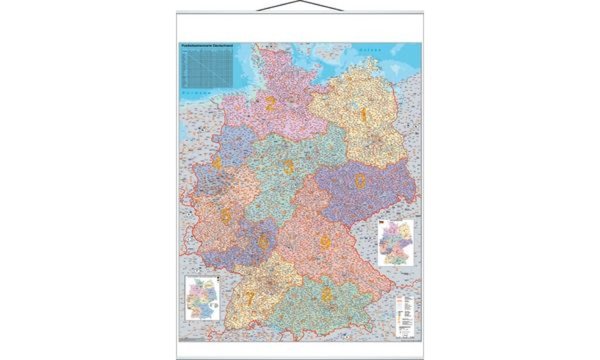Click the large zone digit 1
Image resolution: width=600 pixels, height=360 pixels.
(x=364, y=115)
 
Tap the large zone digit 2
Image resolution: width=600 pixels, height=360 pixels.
(x=270, y=101)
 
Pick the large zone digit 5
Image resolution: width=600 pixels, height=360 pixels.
(x=226, y=216)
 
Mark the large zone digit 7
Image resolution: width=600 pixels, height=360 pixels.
(x=250, y=296)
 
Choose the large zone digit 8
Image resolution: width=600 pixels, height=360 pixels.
(x=328, y=293)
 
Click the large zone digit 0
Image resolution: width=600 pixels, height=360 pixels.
(x=359, y=180)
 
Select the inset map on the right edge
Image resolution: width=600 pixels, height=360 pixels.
(x=397, y=242)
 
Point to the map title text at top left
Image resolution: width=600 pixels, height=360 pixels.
(x=209, y=47)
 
